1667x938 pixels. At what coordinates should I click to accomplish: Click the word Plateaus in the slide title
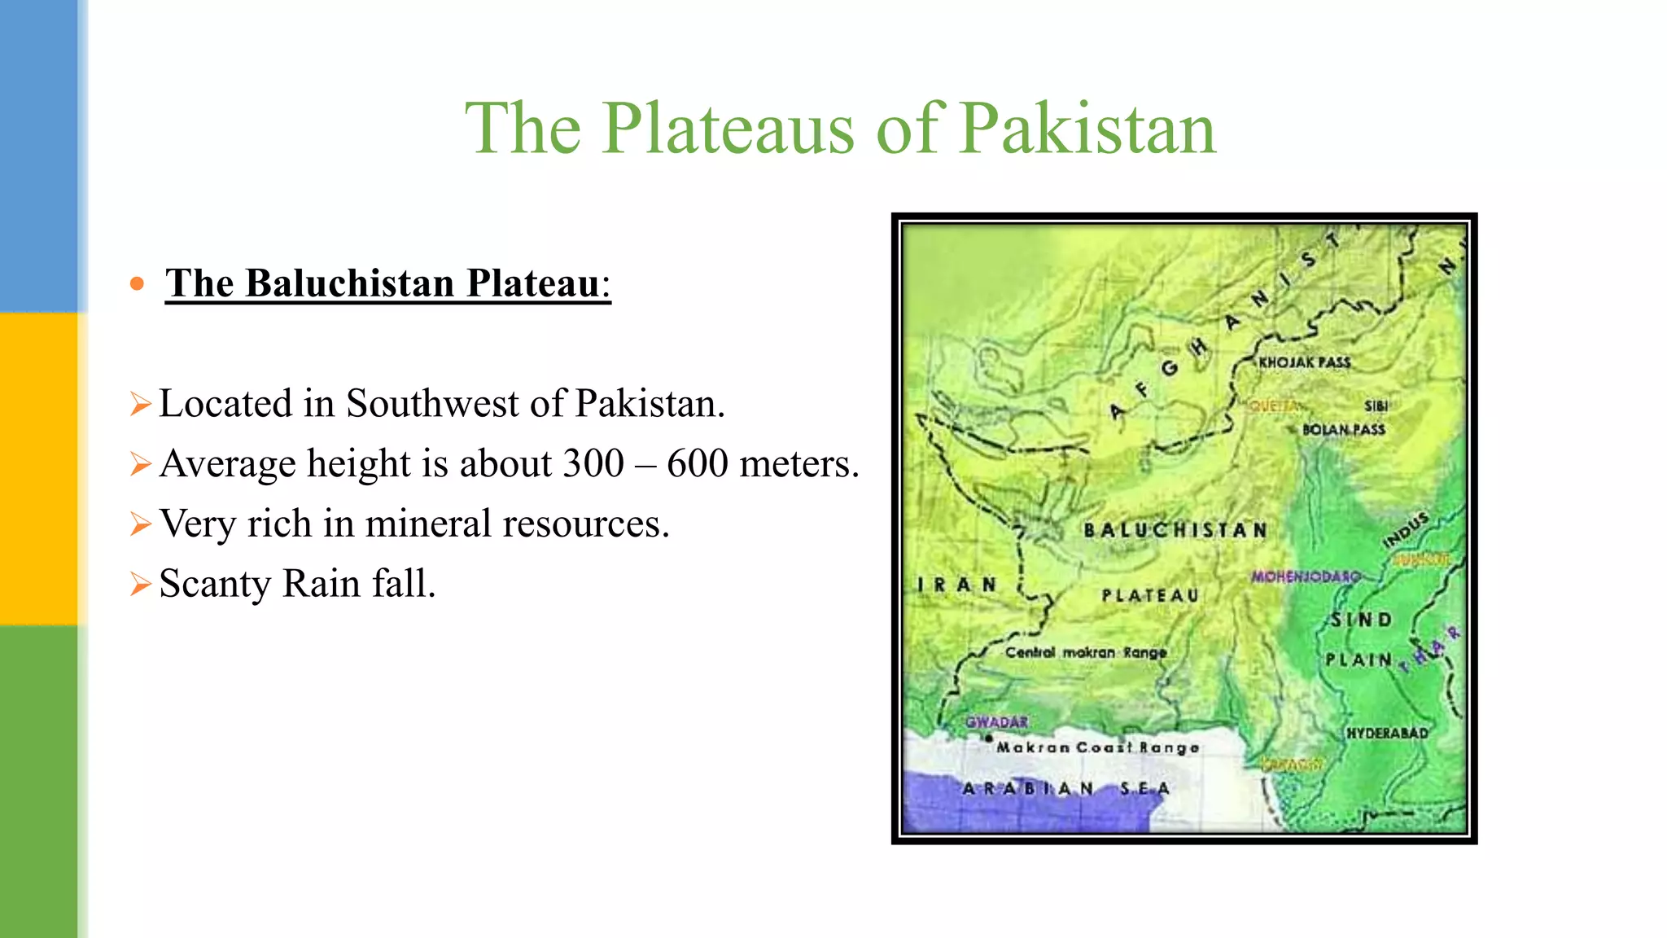tap(728, 129)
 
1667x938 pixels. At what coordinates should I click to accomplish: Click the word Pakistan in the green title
tap(1087, 129)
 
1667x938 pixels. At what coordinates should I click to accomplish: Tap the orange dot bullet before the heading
tap(137, 284)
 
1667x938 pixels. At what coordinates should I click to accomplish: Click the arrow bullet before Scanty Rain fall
tap(140, 584)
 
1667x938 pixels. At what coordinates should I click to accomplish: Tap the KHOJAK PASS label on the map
tap(1304, 362)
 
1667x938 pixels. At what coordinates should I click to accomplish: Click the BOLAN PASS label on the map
tap(1343, 429)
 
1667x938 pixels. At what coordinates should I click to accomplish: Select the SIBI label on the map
tap(1376, 405)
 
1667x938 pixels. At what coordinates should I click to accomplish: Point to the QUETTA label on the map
tap(1273, 405)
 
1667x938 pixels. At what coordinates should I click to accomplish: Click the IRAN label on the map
tap(956, 585)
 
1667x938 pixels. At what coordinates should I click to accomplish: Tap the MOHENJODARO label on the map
tap(1306, 576)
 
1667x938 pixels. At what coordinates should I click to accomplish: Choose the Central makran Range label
tap(1086, 652)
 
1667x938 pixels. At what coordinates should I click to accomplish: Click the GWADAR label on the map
tap(997, 721)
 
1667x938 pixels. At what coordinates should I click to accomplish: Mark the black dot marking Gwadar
tap(989, 739)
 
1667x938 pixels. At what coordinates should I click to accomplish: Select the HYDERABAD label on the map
tap(1387, 733)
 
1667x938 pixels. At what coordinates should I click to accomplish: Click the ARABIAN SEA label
tap(1065, 788)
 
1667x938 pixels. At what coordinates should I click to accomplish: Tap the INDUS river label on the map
tap(1406, 529)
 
